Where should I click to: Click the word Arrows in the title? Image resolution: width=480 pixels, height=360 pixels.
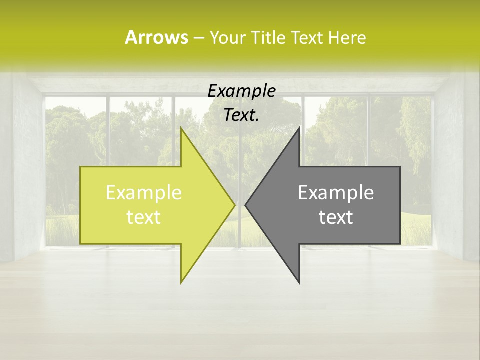156,37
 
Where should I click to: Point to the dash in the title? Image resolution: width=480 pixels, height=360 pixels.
198,38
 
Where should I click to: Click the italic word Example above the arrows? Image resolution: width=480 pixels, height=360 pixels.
241,91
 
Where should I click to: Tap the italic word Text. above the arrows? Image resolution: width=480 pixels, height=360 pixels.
241,115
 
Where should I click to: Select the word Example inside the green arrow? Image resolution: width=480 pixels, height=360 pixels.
143,192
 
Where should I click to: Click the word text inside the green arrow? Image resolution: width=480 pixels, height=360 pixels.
143,217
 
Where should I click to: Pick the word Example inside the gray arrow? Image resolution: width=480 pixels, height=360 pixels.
336,192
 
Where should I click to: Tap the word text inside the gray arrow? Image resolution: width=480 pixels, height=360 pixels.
336,217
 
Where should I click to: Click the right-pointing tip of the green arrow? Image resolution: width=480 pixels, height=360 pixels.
235,205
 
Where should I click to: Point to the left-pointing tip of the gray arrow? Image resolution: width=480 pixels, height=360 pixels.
245,205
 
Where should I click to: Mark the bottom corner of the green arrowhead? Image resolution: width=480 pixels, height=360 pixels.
181,283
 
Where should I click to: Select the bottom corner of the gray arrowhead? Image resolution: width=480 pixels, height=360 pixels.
299,283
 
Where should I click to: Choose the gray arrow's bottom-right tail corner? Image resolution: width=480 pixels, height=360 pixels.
400,244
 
